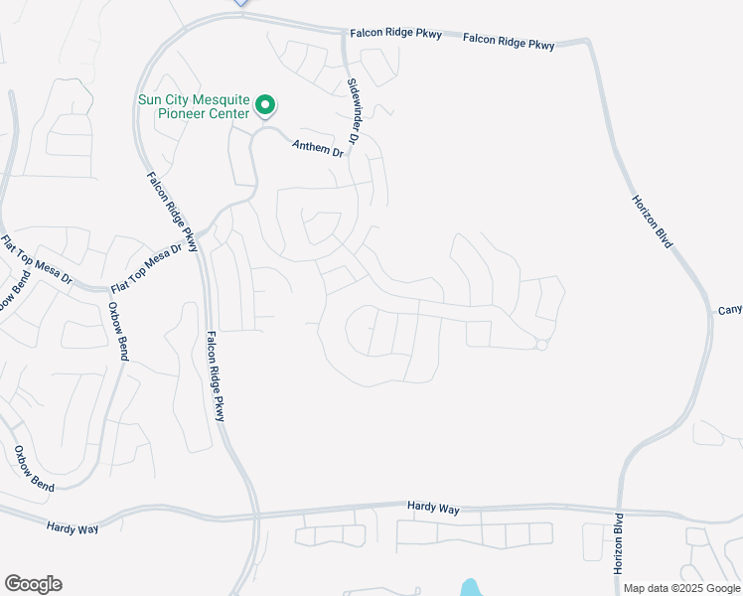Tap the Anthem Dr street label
(317, 149)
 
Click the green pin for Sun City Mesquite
(265, 104)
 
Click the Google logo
(33, 584)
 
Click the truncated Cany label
(729, 311)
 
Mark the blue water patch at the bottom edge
(470, 588)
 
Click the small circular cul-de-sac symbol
(541, 345)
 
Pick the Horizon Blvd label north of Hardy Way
(653, 221)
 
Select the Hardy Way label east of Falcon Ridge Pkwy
(434, 508)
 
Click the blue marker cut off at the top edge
(240, 3)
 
